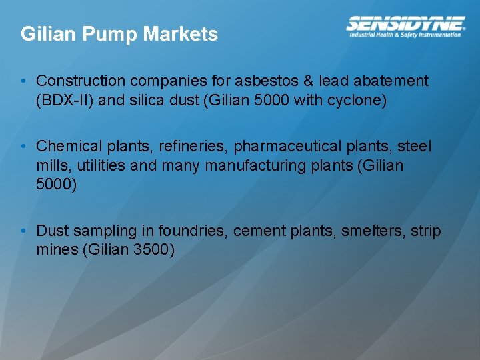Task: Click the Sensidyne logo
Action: coord(406,24)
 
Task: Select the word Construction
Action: coord(81,81)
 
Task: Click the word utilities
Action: coord(102,165)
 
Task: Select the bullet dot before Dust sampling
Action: coord(23,231)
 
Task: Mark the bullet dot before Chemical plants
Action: coord(23,146)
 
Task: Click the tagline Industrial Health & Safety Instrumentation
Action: coord(405,35)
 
